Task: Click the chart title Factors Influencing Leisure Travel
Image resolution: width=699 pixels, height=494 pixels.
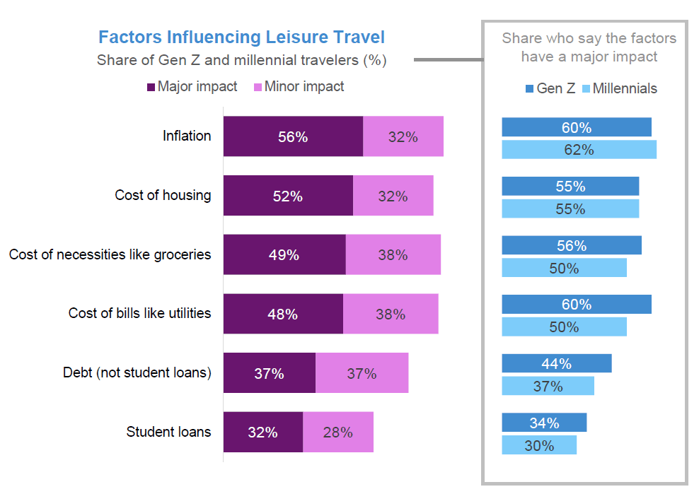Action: tap(241, 37)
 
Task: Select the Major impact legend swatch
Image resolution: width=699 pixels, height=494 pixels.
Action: tap(151, 88)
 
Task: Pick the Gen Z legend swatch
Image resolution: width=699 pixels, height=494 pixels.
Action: tap(530, 89)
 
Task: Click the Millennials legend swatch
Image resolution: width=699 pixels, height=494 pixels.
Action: tap(585, 89)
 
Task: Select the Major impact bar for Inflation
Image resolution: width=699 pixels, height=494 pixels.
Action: tap(293, 136)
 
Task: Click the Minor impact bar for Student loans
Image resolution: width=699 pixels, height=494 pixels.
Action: tap(337, 433)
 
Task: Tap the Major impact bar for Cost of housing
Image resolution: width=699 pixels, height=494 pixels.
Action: tap(288, 196)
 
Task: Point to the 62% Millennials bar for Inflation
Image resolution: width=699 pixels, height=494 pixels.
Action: tap(579, 150)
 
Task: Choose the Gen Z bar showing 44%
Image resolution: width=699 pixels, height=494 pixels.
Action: tap(556, 364)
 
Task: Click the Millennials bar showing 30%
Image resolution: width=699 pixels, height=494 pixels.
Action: tap(539, 446)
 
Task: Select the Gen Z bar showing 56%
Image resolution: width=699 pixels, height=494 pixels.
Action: tap(571, 245)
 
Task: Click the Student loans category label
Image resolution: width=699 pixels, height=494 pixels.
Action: tap(168, 432)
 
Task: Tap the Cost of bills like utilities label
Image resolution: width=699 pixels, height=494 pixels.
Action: tap(139, 313)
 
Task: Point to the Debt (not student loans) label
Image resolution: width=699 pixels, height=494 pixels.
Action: tap(137, 372)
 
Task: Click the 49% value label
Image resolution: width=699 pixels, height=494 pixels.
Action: tap(284, 255)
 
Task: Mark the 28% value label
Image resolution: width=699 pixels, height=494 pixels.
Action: tap(337, 433)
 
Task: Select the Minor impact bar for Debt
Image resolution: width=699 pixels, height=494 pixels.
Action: tap(362, 373)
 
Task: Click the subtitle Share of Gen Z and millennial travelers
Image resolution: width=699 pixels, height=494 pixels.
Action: tap(241, 60)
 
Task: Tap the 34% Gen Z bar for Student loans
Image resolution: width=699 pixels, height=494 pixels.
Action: tap(544, 423)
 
